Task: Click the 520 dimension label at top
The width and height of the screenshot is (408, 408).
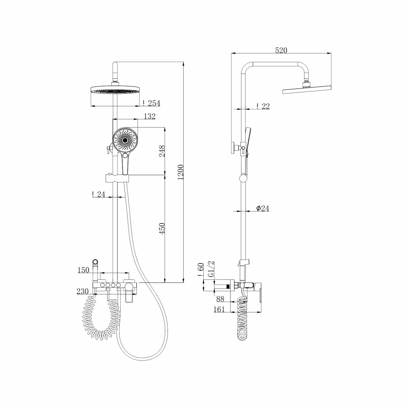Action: (281, 50)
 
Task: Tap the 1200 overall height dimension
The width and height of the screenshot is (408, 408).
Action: (181, 172)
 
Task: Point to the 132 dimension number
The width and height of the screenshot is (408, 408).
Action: (150, 116)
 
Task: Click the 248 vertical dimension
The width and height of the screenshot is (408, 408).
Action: (162, 151)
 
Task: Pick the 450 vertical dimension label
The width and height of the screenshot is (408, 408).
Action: (162, 229)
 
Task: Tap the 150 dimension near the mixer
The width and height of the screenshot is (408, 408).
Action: (84, 270)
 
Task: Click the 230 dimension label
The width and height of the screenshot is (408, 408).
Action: (83, 291)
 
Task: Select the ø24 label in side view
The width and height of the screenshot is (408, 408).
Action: (262, 208)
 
